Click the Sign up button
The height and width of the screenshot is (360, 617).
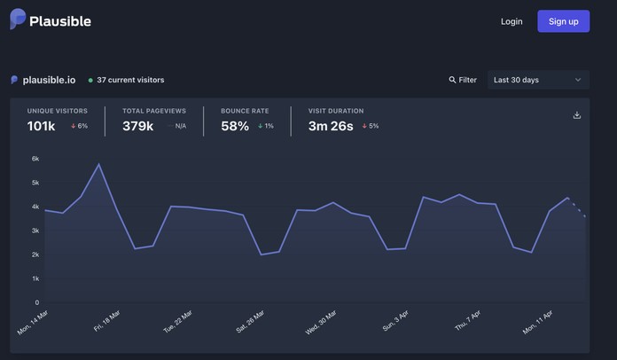563,21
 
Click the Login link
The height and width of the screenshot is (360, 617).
512,21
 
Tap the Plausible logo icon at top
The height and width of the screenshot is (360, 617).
18,20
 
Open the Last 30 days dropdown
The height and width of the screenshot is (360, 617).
538,80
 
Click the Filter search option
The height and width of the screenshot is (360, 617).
463,80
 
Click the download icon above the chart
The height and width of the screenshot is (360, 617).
577,115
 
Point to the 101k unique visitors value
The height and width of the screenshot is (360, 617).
42,126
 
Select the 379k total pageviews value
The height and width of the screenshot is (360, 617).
138,126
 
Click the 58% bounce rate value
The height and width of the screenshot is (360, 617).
235,126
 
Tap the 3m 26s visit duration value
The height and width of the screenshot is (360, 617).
331,126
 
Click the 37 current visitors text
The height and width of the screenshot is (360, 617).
130,80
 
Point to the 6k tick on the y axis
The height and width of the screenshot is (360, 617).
35,159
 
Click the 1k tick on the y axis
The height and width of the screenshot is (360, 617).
35,278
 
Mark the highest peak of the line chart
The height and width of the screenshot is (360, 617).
99,164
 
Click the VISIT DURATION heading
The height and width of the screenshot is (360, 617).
336,111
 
